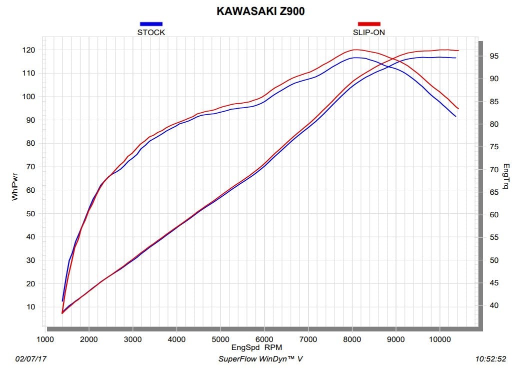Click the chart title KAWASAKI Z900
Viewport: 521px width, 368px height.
260,12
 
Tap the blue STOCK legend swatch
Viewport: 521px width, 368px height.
151,24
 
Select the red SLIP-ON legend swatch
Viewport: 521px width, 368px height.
369,24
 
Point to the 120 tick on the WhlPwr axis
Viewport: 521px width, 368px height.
28,50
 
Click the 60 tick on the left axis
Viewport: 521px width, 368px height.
30,190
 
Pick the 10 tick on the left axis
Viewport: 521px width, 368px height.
30,307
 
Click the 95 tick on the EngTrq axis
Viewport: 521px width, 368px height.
494,56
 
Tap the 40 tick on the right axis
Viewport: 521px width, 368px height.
494,305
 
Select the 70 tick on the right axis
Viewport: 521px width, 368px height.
494,170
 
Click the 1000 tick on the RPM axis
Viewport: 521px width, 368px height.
45,339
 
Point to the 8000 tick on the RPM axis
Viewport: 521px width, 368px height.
352,339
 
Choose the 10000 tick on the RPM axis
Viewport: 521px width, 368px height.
439,339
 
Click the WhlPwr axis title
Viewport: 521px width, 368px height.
14,187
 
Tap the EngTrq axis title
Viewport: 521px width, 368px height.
506,176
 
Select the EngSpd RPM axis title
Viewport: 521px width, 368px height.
256,347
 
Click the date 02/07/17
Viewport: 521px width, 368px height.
31,359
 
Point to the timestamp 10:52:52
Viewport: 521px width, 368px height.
490,359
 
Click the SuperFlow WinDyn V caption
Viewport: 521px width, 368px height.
260,359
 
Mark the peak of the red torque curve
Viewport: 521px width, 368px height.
355,50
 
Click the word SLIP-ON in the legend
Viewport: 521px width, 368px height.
369,32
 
